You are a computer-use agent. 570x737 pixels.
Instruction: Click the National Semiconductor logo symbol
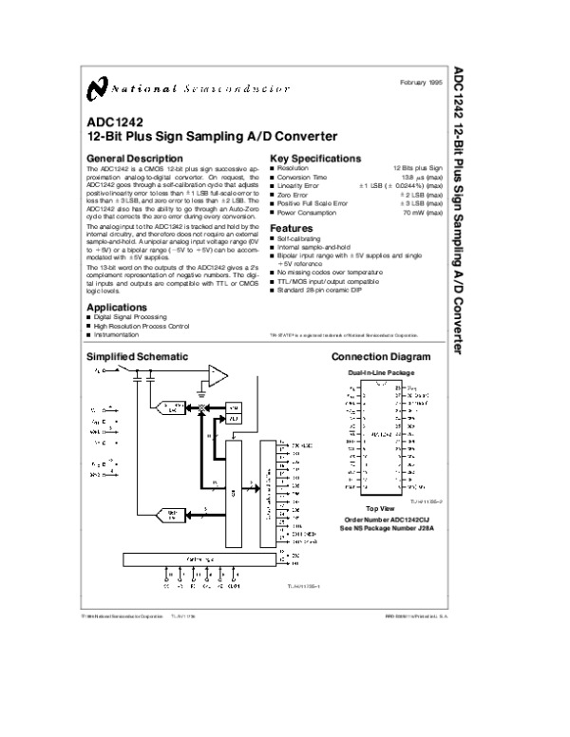94,88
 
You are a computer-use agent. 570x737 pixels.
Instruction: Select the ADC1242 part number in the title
111,123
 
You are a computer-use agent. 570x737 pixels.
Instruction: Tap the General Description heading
134,158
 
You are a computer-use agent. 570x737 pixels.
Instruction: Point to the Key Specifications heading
315,158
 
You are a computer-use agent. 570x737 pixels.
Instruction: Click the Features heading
291,229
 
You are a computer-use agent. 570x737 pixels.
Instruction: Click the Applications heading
118,308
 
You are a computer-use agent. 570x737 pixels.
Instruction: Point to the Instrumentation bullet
120,335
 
